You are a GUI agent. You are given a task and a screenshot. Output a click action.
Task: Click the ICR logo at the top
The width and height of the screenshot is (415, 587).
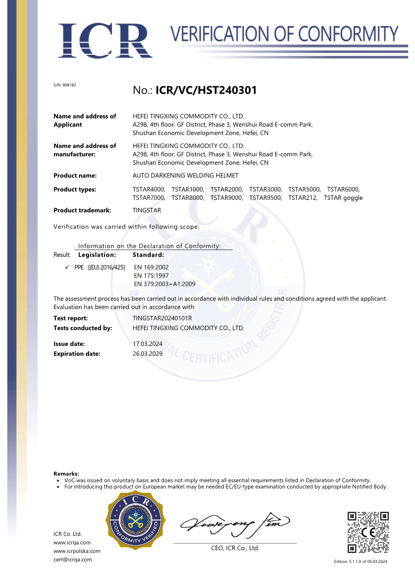[105, 40]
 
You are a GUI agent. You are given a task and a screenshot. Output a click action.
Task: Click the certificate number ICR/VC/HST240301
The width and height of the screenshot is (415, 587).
[206, 91]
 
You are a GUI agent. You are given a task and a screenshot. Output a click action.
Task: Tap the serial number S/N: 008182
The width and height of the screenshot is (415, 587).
[65, 85]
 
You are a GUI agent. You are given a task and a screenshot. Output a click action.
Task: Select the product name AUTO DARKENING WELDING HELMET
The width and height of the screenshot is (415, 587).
[186, 176]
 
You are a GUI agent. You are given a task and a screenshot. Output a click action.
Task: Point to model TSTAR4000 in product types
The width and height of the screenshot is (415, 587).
[149, 189]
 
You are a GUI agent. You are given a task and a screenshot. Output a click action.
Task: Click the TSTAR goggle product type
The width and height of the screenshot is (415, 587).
[343, 198]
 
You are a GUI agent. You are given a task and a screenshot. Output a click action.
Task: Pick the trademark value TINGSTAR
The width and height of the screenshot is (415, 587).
[148, 210]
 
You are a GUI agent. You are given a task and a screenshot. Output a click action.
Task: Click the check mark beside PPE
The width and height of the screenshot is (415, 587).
[68, 267]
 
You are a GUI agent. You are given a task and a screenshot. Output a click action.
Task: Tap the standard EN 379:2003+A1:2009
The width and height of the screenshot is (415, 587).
[164, 284]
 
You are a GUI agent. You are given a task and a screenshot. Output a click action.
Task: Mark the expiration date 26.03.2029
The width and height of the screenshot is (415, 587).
[149, 354]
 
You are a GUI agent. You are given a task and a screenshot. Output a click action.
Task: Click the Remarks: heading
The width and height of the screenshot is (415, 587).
[66, 473]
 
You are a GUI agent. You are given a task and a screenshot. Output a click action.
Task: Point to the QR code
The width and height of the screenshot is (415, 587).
[368, 532]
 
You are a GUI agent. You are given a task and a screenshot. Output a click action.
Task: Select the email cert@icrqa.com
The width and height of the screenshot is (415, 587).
[73, 559]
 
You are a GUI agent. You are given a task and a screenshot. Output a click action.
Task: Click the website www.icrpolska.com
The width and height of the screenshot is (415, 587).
[77, 551]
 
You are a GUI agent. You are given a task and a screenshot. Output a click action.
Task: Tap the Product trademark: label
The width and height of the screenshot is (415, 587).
[83, 210]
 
